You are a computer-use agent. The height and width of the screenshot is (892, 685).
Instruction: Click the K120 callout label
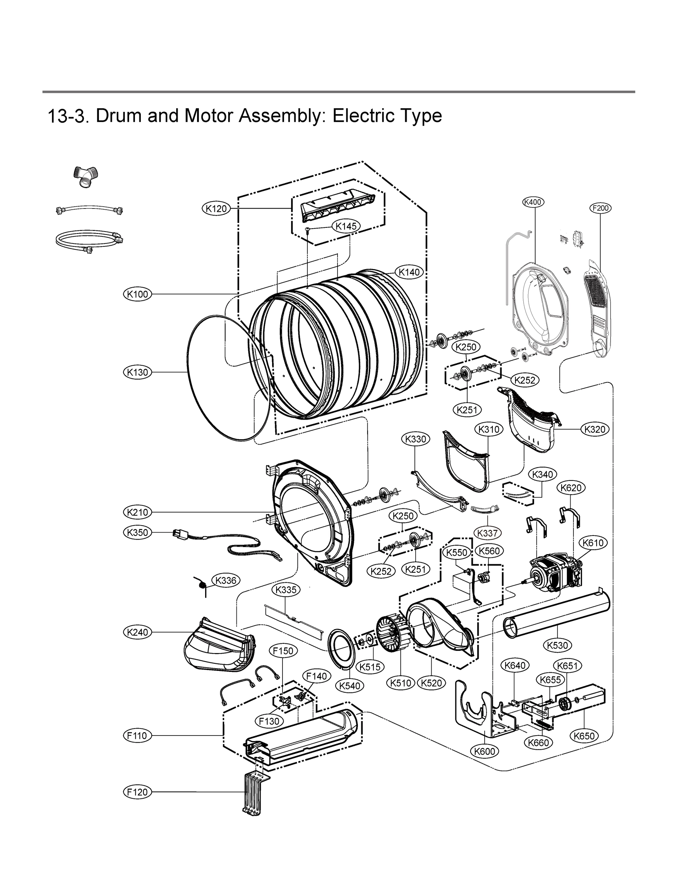pyautogui.click(x=216, y=209)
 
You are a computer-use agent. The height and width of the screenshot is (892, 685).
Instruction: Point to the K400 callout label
pyautogui.click(x=533, y=202)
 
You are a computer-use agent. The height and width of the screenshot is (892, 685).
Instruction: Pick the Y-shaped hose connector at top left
pyautogui.click(x=85, y=177)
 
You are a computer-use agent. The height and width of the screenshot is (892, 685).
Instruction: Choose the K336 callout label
pyautogui.click(x=226, y=581)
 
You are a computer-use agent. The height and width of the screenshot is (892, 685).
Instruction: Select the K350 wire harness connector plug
pyautogui.click(x=178, y=534)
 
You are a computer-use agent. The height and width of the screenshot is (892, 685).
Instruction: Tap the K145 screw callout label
pyautogui.click(x=346, y=226)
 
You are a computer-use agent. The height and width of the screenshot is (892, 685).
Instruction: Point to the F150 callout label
pyautogui.click(x=283, y=651)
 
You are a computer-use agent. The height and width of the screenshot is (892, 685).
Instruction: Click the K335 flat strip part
pyautogui.click(x=294, y=620)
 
